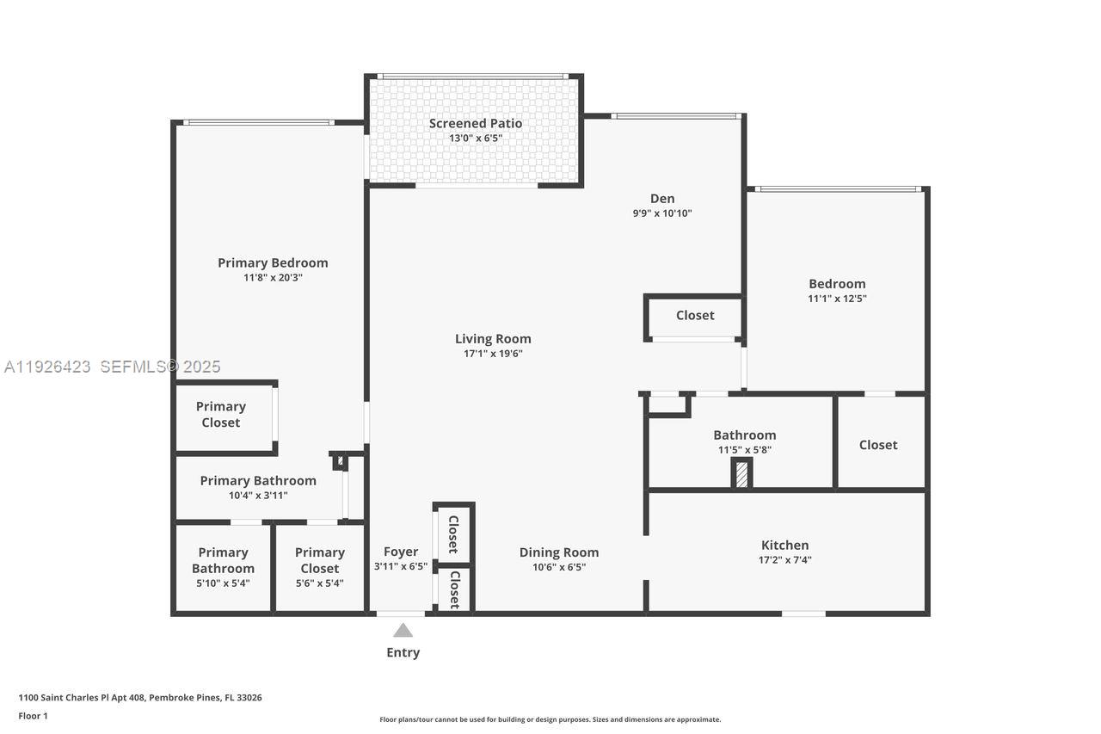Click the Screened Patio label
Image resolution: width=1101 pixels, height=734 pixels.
click(475, 123)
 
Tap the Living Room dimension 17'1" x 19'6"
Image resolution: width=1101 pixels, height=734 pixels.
click(493, 354)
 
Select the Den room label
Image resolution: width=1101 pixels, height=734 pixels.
click(661, 199)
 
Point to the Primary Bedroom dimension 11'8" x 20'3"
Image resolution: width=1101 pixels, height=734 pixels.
click(273, 278)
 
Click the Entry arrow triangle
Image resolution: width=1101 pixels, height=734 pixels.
click(403, 631)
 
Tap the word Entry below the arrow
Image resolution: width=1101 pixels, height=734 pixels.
click(403, 652)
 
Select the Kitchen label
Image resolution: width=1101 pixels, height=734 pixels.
click(784, 545)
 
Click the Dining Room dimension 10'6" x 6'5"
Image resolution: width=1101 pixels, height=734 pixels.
click(558, 567)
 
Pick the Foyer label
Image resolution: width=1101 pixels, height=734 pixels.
click(401, 552)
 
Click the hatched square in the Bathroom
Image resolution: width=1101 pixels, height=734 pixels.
click(741, 475)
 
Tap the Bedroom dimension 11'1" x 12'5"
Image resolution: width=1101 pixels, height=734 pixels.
click(836, 299)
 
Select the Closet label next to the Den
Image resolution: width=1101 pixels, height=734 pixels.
click(695, 315)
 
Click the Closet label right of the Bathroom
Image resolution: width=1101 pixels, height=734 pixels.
click(877, 445)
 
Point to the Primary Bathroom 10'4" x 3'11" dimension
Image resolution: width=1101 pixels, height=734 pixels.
click(258, 496)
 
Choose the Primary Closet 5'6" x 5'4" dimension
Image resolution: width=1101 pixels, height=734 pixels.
click(319, 583)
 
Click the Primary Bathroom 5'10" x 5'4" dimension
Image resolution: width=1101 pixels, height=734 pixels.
click(223, 583)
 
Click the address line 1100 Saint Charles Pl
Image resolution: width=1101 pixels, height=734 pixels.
click(140, 698)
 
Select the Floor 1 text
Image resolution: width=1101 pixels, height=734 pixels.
click(34, 716)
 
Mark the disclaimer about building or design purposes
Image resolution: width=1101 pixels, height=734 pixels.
click(550, 719)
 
